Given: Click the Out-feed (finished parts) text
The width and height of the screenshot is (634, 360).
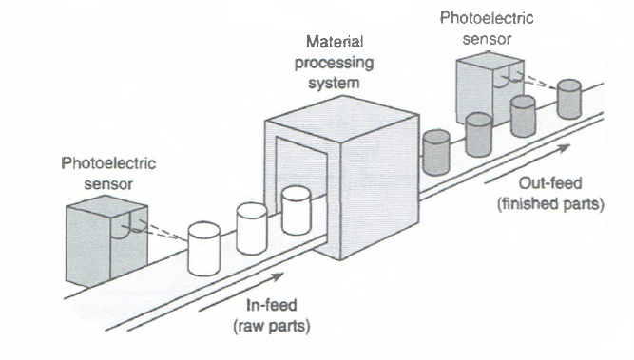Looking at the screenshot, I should point(551,195).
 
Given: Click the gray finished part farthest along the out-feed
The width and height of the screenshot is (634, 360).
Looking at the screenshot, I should point(568,97).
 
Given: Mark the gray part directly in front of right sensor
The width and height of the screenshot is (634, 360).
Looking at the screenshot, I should point(524,114).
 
